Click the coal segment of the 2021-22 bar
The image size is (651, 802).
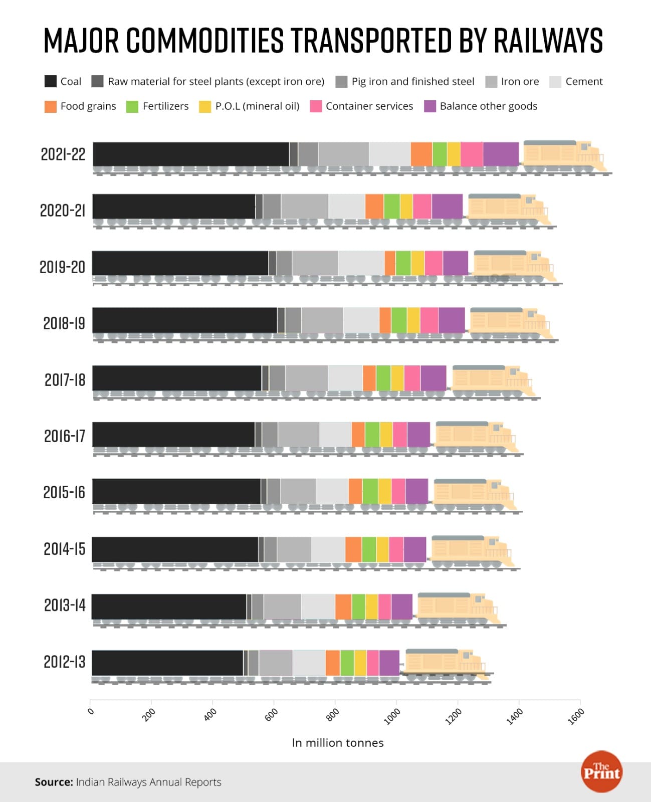click(x=190, y=154)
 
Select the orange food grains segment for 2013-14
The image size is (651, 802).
click(x=343, y=607)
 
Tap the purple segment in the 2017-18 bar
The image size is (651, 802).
click(x=433, y=378)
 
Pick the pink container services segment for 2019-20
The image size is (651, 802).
click(x=433, y=263)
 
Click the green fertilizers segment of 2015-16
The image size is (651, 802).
click(x=370, y=491)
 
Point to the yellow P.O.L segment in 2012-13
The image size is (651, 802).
click(x=360, y=663)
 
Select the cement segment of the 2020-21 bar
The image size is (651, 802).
click(x=347, y=207)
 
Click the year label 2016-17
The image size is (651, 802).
click(x=65, y=436)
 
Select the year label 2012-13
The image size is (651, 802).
click(x=64, y=662)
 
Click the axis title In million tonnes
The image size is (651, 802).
click(x=337, y=743)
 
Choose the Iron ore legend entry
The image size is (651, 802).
click(x=519, y=82)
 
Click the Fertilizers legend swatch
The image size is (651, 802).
click(x=132, y=106)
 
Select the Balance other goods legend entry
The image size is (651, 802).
click(x=488, y=106)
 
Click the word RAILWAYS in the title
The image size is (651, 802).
click(x=548, y=41)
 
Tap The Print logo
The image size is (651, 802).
click(x=601, y=771)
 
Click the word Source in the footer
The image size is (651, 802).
click(x=54, y=782)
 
